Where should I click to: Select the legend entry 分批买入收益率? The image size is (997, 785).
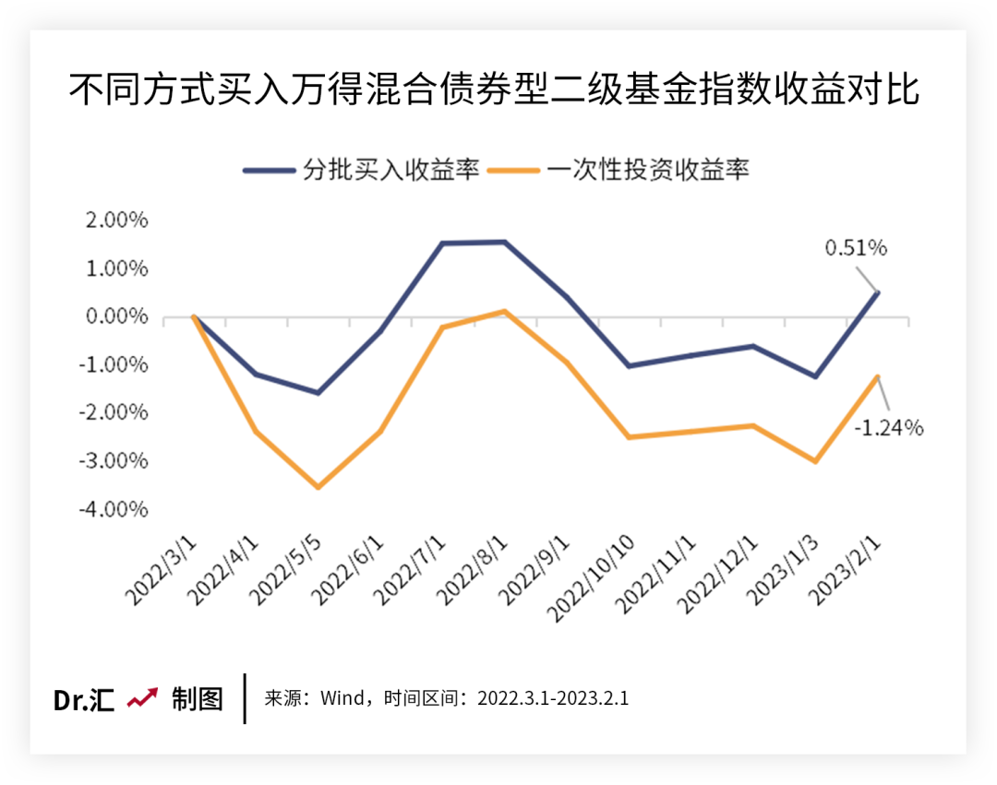point(362,171)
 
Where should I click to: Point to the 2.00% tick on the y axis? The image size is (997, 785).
point(118,220)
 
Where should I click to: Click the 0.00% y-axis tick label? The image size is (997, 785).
point(118,316)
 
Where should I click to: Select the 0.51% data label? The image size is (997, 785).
point(855,247)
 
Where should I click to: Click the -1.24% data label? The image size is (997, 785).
point(889,428)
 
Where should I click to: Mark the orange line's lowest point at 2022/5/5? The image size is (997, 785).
point(318,487)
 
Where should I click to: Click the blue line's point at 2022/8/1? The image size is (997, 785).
point(504,242)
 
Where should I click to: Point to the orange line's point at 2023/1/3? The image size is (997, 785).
point(815,461)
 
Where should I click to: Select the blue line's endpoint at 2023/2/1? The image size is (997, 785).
point(877,291)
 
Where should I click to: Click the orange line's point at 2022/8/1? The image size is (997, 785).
point(504,311)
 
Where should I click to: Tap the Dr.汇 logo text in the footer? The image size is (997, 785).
point(83,700)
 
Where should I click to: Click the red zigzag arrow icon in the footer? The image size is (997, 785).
point(143,698)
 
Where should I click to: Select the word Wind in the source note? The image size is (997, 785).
point(342,697)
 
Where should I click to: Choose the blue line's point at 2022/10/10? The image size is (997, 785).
point(629,366)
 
